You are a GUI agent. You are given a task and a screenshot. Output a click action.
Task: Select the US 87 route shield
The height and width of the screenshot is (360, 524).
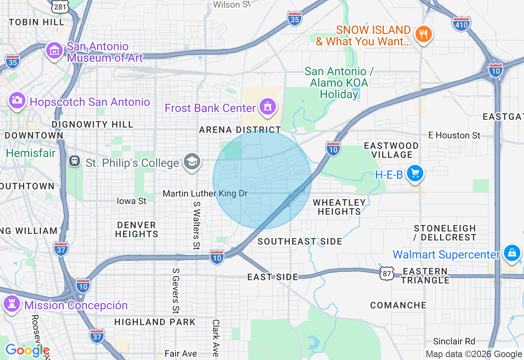(x=387, y=273)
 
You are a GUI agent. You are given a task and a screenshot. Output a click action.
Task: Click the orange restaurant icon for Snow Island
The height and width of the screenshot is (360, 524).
(x=423, y=34)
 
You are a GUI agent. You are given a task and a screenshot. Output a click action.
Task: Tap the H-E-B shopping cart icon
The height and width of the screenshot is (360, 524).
(x=415, y=174)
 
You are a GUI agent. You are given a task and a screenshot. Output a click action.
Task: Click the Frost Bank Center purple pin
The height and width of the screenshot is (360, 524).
(x=268, y=107)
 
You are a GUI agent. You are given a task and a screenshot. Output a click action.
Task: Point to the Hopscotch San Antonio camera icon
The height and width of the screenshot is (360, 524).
(x=17, y=100)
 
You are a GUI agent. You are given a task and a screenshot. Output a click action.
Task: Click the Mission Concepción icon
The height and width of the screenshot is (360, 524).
(x=11, y=304)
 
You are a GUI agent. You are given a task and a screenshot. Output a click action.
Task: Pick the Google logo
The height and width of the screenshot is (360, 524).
(x=27, y=350)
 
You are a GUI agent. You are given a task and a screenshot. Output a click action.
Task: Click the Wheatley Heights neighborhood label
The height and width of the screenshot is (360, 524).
(x=339, y=207)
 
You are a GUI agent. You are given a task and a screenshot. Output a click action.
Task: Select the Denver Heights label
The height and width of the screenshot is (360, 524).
(x=137, y=229)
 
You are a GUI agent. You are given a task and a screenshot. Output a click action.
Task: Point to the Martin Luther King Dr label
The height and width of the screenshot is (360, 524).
(x=205, y=193)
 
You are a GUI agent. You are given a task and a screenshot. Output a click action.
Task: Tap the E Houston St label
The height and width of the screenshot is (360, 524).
(x=454, y=135)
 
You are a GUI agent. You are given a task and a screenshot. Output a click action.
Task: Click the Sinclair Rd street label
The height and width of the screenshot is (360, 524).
(x=454, y=341)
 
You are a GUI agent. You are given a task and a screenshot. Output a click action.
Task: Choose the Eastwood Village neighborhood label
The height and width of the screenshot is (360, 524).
(x=391, y=150)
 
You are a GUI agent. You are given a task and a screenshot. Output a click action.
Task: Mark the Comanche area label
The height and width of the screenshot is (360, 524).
(x=398, y=305)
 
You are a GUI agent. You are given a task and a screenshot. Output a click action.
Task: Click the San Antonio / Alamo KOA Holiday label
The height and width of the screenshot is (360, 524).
(x=339, y=83)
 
